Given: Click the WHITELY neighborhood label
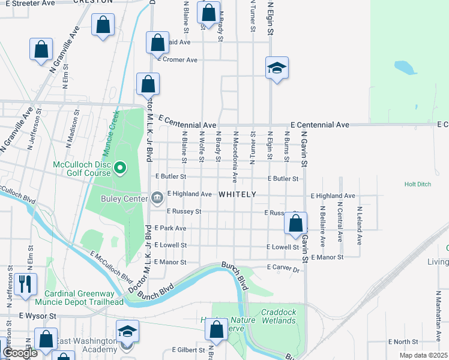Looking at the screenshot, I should (x=237, y=194).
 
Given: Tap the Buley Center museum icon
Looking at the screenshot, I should (x=157, y=197).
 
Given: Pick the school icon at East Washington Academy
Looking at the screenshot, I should (x=127, y=332).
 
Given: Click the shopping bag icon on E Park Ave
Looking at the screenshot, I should (x=295, y=223).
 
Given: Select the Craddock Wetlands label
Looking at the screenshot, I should (x=279, y=316).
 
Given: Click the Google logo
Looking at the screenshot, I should (x=20, y=352).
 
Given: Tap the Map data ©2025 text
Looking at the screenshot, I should (x=423, y=355).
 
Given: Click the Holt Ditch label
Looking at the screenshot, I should (x=418, y=184).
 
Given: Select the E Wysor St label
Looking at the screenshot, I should (x=37, y=316).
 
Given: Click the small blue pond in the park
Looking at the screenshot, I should (x=406, y=67).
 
